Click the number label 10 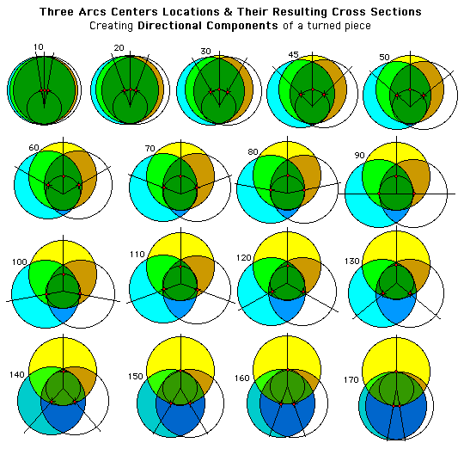[x=39, y=46]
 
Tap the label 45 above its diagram [x=293, y=55]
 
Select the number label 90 [x=359, y=155]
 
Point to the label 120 [x=243, y=258]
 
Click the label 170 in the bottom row [x=351, y=379]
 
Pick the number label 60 [x=34, y=147]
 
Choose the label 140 [x=16, y=375]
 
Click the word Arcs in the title [x=93, y=12]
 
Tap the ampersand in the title [x=228, y=12]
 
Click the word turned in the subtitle [x=320, y=26]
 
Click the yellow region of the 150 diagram [x=180, y=354]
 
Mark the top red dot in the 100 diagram [x=64, y=274]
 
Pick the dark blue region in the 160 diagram [x=288, y=421]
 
